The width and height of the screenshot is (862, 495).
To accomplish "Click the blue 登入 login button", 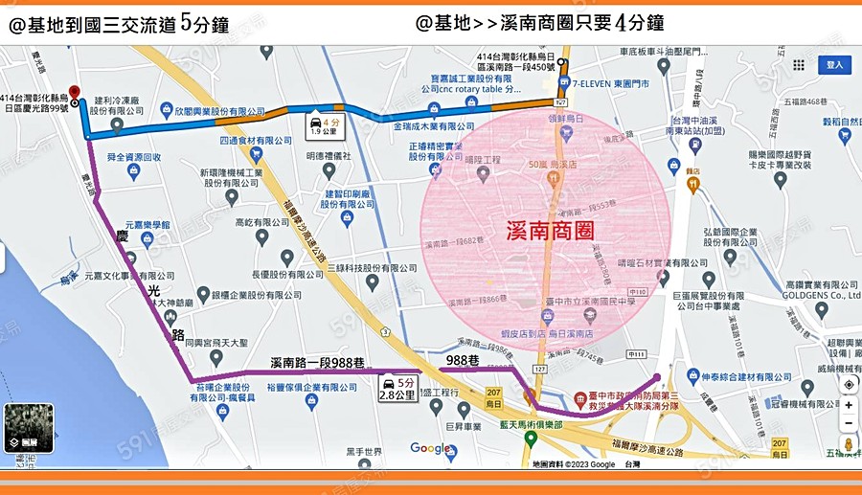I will (833, 65).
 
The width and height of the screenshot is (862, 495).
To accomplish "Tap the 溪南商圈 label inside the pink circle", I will (550, 231).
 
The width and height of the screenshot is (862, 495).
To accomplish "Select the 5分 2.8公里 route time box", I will (398, 389).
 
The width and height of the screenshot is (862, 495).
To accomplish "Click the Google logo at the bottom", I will (430, 448).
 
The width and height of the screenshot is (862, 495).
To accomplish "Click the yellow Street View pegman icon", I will (848, 444).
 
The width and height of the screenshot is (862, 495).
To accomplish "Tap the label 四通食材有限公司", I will (254, 141).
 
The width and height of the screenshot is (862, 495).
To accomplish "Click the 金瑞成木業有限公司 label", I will (434, 126).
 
